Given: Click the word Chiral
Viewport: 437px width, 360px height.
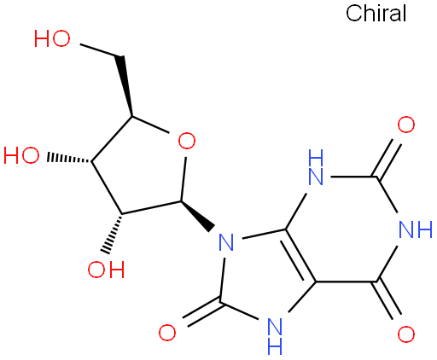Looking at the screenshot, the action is tap(376, 13).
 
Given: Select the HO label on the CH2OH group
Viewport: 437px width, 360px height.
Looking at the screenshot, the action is tap(52, 38).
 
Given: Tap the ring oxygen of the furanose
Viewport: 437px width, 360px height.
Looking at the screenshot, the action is tap(187, 141).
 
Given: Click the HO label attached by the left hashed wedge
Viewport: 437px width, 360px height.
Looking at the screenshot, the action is tap(21, 155).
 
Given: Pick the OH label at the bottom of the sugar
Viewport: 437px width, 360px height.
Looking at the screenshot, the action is tap(106, 269).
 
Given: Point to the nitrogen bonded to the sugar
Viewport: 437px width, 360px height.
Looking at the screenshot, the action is tap(226, 242).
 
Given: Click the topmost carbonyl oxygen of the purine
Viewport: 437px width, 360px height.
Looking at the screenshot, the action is tap(406, 125).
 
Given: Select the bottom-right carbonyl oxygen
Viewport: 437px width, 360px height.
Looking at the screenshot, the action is tap(406, 334).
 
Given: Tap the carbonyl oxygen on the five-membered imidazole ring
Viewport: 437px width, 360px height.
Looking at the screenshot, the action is tap(167, 333).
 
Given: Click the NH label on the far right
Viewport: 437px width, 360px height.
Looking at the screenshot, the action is tap(416, 229).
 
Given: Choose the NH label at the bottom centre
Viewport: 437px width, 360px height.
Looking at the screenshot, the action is tap(275, 336).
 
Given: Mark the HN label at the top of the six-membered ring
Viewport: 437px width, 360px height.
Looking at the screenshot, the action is tap(316, 167).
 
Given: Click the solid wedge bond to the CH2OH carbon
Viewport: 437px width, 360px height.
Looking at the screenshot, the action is tap(125, 86).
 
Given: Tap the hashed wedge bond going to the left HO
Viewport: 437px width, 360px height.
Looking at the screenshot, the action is tap(69, 159).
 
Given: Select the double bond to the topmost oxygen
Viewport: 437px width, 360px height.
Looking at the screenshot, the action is tap(387, 159).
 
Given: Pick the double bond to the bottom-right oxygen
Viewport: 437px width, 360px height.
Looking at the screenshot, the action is tap(387, 300).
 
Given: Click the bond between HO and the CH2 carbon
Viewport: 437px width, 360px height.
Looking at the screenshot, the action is tap(99, 50).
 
